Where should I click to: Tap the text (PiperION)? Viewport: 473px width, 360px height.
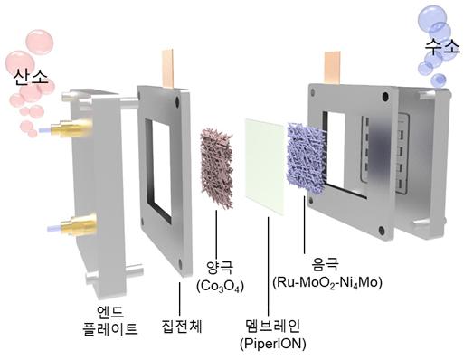272,341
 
